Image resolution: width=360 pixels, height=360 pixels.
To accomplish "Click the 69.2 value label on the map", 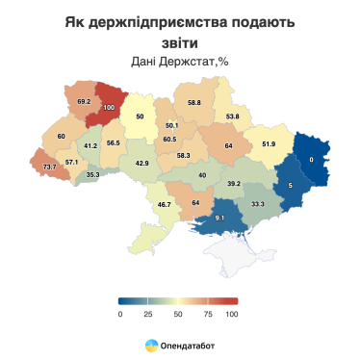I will pyautogui.click(x=84, y=101).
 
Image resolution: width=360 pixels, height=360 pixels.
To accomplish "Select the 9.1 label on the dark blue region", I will pyautogui.click(x=219, y=218).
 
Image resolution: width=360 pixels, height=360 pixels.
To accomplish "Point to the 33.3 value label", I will pyautogui.click(x=258, y=204).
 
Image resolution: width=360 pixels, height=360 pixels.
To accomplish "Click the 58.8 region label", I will pyautogui.click(x=194, y=102).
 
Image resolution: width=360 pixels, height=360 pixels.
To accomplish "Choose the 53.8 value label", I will pyautogui.click(x=232, y=116).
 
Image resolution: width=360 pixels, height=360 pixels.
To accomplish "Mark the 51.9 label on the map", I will pyautogui.click(x=269, y=143).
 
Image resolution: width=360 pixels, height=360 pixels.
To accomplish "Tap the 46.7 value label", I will pyautogui.click(x=164, y=204).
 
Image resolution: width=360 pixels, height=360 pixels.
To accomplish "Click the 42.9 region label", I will pyautogui.click(x=141, y=164).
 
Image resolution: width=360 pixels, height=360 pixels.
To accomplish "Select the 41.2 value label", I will pyautogui.click(x=90, y=145).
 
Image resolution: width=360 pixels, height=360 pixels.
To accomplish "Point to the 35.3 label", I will pyautogui.click(x=92, y=174).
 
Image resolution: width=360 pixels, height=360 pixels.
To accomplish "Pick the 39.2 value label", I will pyautogui.click(x=233, y=182).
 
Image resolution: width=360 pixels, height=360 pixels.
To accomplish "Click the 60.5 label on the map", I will pyautogui.click(x=169, y=140).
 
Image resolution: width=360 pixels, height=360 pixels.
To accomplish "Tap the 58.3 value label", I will pyautogui.click(x=183, y=155).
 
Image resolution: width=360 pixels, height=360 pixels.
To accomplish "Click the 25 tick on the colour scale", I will pyautogui.click(x=148, y=314).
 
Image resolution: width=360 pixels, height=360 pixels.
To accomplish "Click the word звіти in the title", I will pyautogui.click(x=179, y=41).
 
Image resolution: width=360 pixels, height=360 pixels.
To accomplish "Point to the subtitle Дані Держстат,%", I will pyautogui.click(x=179, y=62).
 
